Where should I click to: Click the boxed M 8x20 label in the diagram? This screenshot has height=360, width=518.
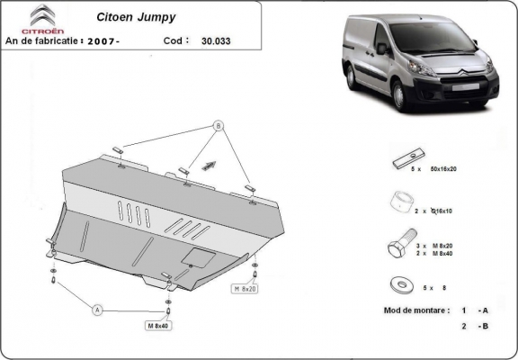pyautogui.click(x=246, y=289)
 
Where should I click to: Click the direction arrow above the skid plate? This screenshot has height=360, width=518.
pyautogui.click(x=209, y=165)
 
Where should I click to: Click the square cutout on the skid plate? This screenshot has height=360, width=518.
pyautogui.click(x=193, y=257)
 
